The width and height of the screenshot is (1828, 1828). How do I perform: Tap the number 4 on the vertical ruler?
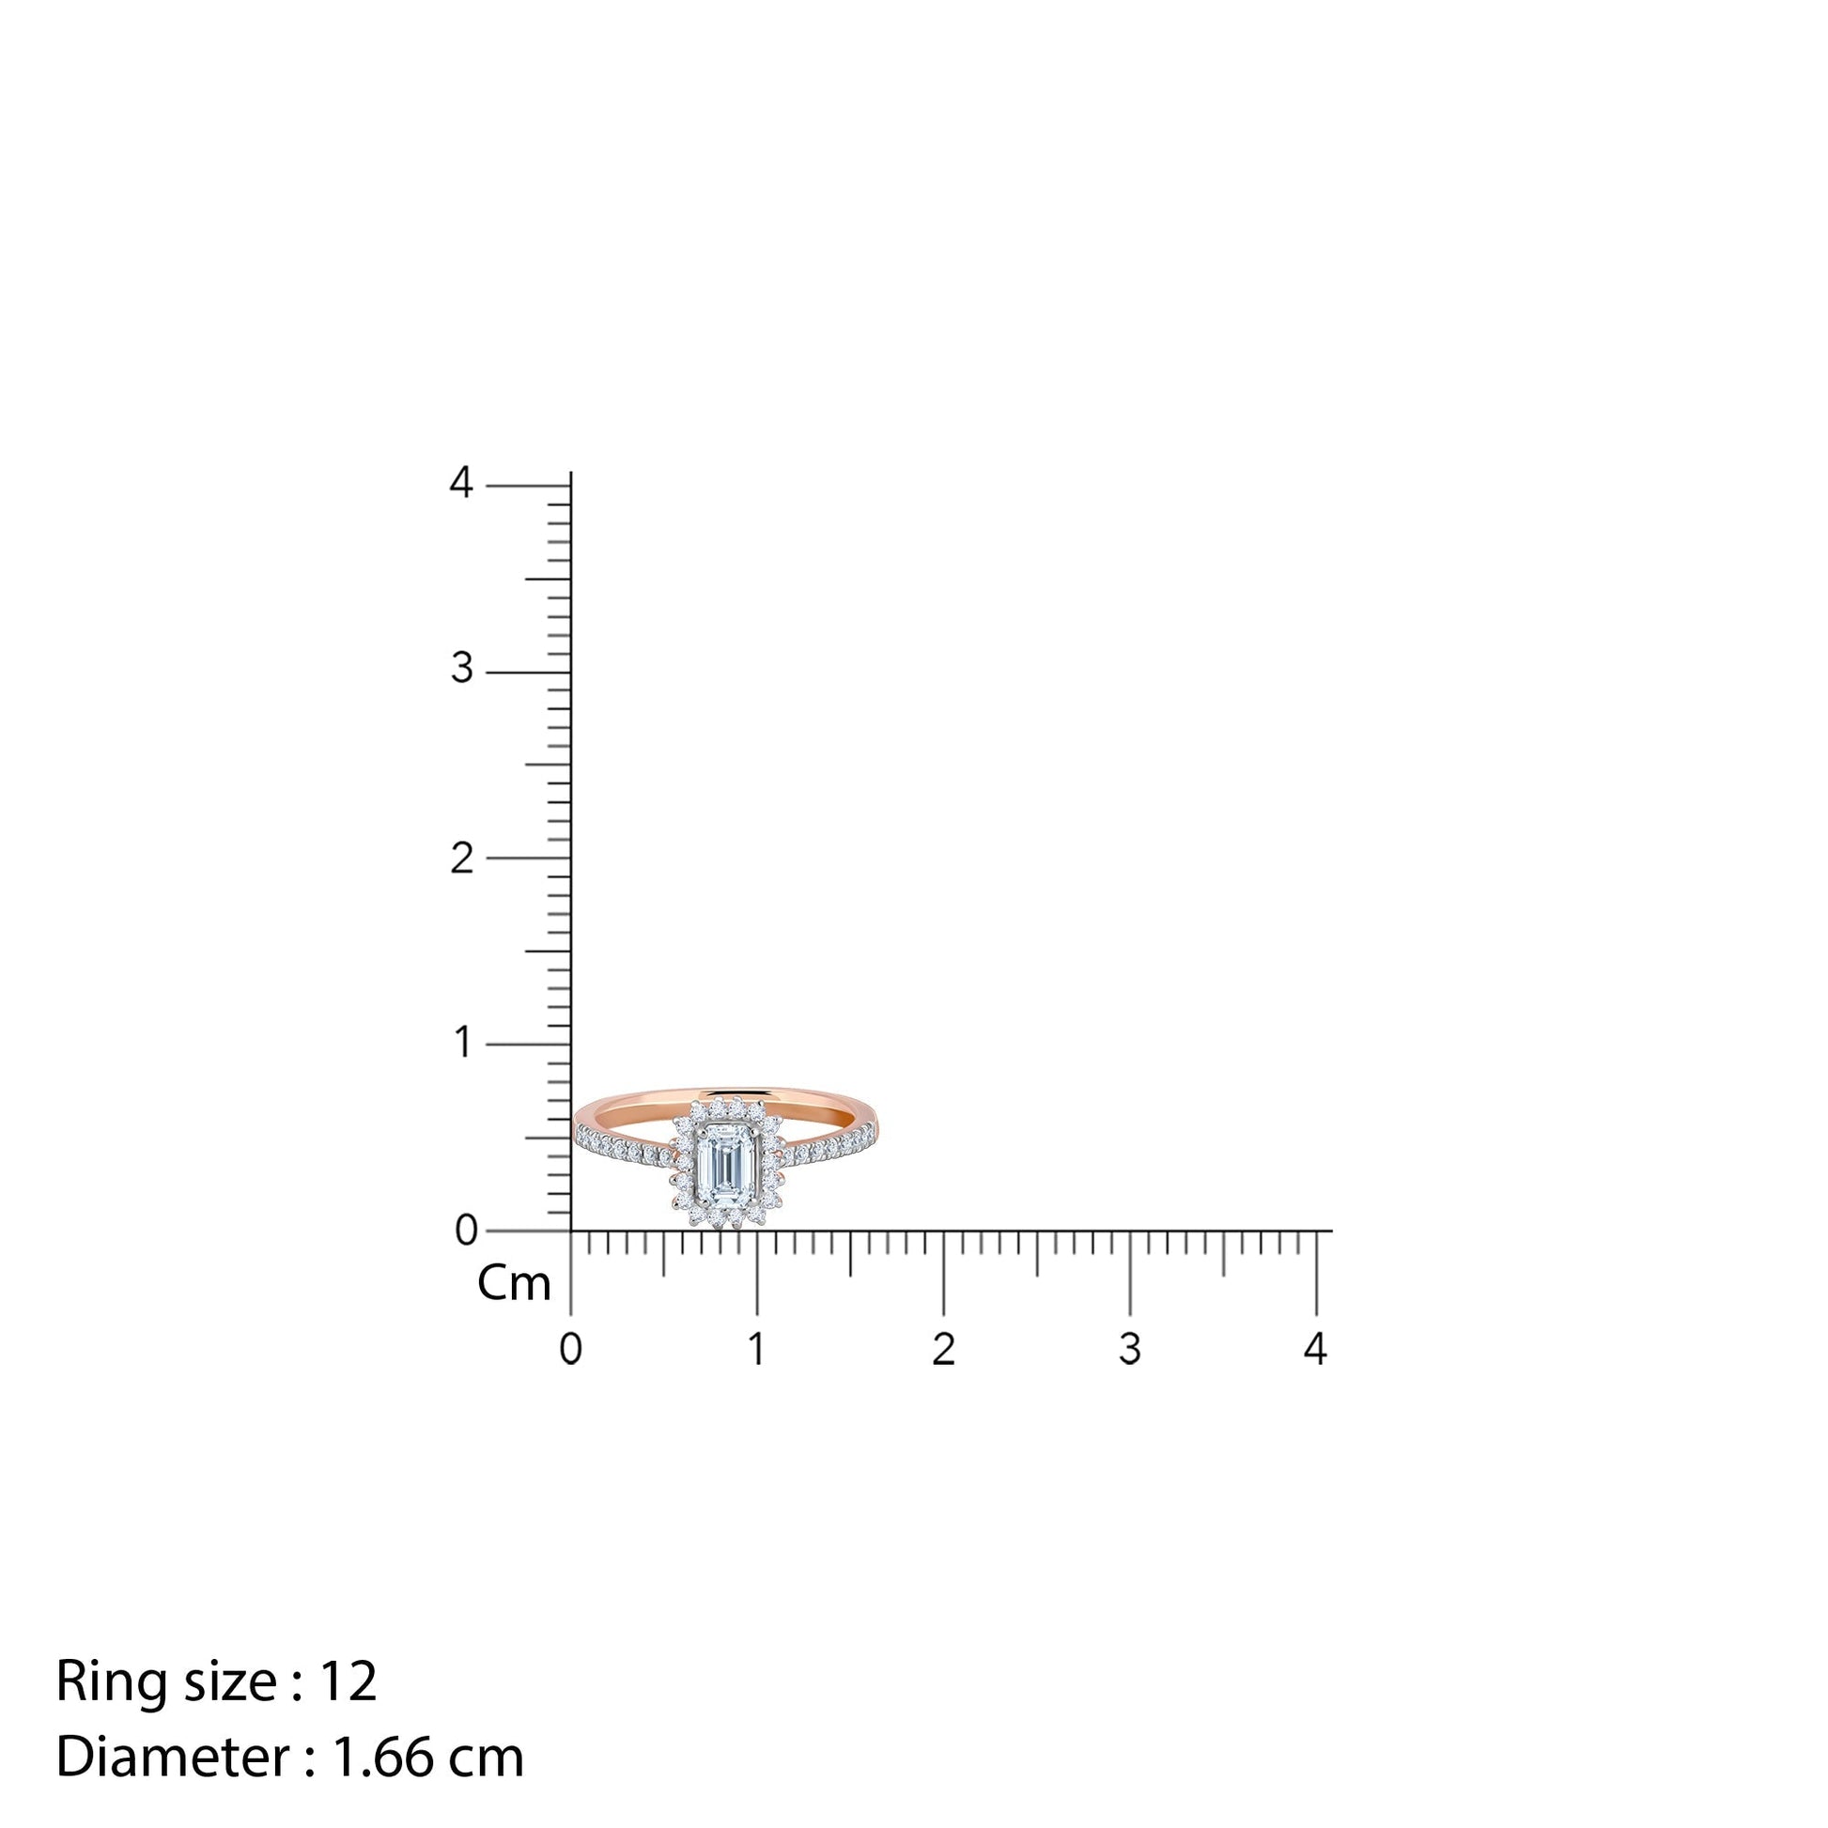[461, 483]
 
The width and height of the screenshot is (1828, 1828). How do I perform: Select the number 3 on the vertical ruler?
[461, 669]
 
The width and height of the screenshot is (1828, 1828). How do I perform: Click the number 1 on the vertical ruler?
[463, 1043]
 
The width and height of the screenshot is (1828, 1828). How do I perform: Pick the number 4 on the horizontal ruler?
[1315, 1348]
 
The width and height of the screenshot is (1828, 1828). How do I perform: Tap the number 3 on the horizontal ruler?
[1129, 1348]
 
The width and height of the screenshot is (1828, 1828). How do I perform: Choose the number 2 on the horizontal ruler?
[942, 1348]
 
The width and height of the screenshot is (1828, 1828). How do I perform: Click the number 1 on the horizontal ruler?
[756, 1348]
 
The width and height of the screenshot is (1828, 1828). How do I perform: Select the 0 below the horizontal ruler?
[570, 1348]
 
